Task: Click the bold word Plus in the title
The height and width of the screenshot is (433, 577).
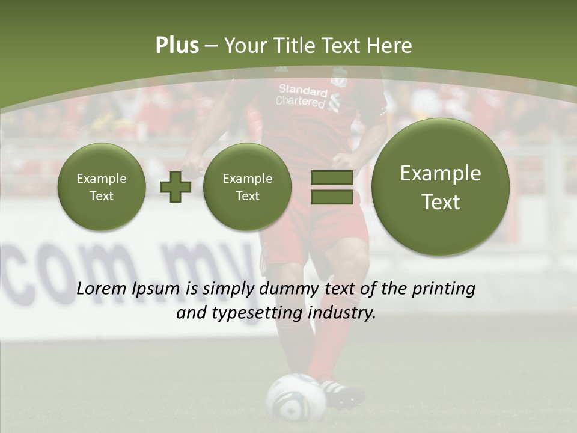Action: click(x=177, y=45)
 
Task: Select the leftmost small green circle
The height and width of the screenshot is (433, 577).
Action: click(x=102, y=187)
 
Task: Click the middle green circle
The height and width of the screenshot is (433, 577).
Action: click(x=248, y=187)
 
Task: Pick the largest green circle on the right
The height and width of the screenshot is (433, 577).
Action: click(x=441, y=187)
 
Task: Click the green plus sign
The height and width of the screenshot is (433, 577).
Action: click(x=176, y=187)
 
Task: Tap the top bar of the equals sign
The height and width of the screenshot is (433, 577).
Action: click(x=332, y=177)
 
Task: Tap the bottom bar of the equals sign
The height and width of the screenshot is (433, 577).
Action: click(x=332, y=197)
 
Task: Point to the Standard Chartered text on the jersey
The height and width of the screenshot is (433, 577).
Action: click(x=302, y=96)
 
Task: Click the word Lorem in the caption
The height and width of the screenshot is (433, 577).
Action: click(x=100, y=289)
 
